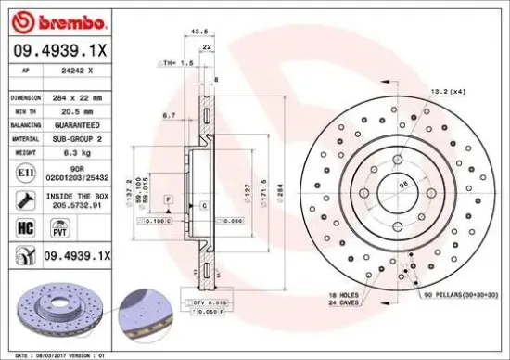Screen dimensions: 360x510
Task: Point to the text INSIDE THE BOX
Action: pyautogui.click(x=83, y=196)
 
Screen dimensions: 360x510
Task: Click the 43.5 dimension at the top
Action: pyautogui.click(x=198, y=31)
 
